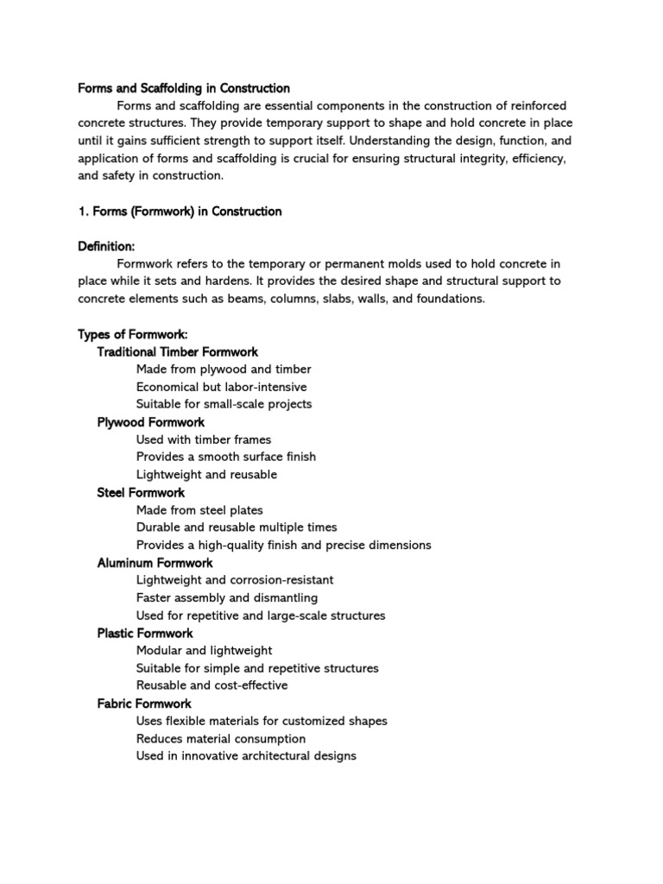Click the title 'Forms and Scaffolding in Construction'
coord(184,88)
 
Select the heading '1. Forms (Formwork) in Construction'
coord(180,211)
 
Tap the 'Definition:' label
coord(106,246)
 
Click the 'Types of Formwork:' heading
coord(133,334)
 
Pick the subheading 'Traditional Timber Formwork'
coord(177,351)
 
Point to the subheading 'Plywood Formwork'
coord(150,422)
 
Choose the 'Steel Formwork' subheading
coord(141,492)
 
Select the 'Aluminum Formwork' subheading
coord(155,563)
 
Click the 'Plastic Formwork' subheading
coord(145,633)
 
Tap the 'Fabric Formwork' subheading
coord(144,704)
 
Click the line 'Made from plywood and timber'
coord(224,369)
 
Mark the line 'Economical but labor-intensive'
coord(221,387)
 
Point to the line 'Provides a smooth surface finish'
coord(226,457)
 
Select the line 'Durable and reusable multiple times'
coord(237,527)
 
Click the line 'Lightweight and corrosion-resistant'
coord(235,580)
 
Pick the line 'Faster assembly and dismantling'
coord(227,597)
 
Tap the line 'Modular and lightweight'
coord(204,650)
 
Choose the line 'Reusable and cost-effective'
coord(212,685)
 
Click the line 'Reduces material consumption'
coord(221,739)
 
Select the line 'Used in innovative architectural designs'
coord(246,756)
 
